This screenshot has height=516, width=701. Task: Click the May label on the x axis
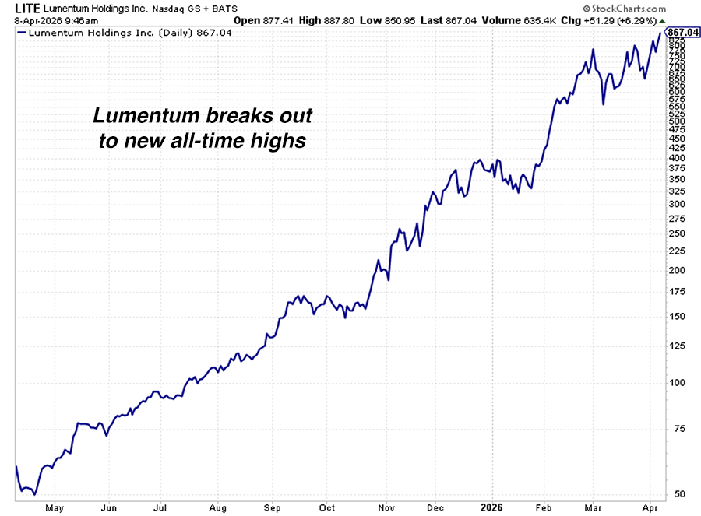(54, 507)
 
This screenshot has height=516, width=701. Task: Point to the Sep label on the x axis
(272, 507)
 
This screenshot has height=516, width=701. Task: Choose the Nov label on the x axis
(386, 507)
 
